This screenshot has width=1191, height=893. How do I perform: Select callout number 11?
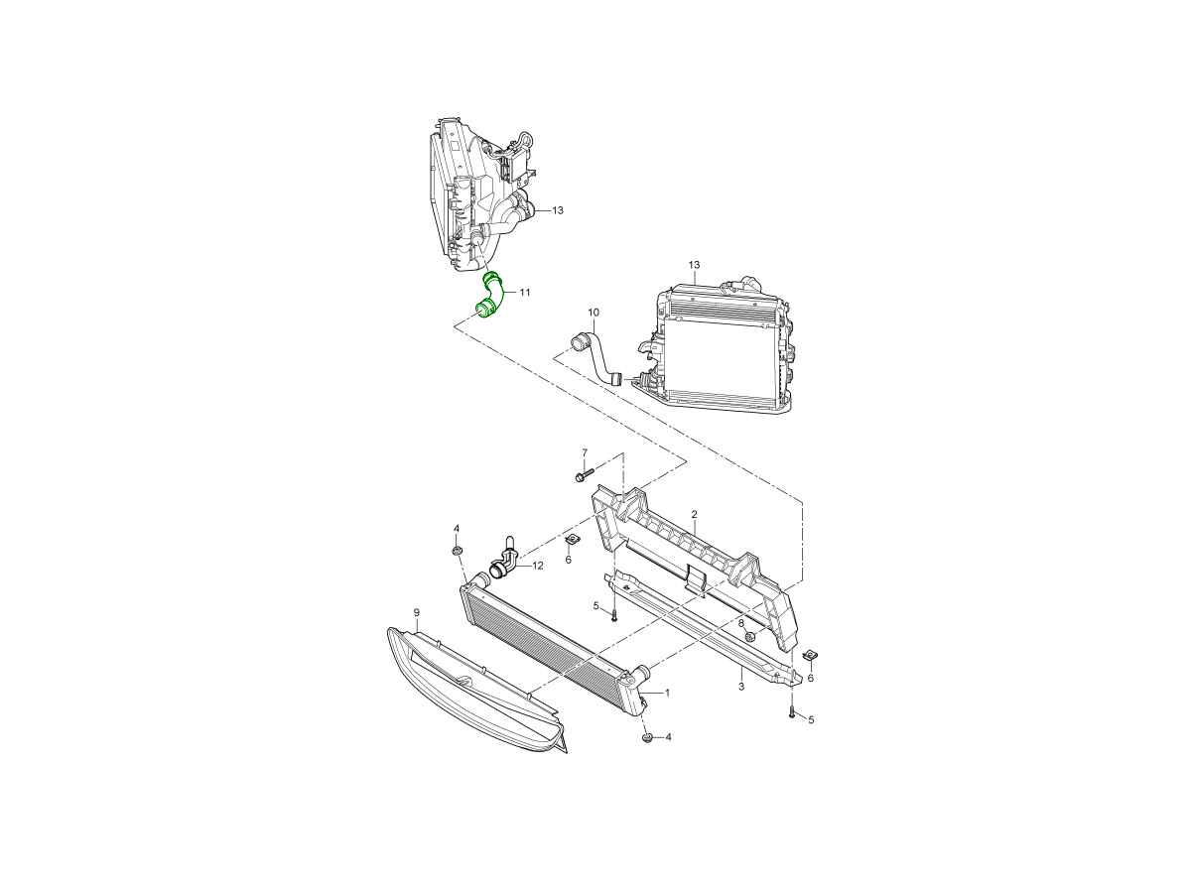pyautogui.click(x=524, y=293)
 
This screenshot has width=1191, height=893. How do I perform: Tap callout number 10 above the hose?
pyautogui.click(x=594, y=313)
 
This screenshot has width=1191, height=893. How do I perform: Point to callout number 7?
pyautogui.click(x=585, y=452)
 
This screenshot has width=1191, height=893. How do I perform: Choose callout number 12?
pyautogui.click(x=538, y=566)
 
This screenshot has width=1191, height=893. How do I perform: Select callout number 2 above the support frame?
pyautogui.click(x=694, y=513)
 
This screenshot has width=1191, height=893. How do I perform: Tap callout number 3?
pyautogui.click(x=741, y=687)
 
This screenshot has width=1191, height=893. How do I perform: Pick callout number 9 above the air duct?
pyautogui.click(x=417, y=612)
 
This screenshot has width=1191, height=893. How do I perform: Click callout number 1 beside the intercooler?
pyautogui.click(x=667, y=693)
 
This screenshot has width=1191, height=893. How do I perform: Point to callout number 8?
pyautogui.click(x=741, y=623)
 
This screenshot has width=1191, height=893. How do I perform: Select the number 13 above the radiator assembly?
pyautogui.click(x=694, y=265)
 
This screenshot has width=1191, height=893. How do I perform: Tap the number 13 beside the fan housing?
pyautogui.click(x=558, y=210)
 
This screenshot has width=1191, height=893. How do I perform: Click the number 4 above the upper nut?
pyautogui.click(x=457, y=528)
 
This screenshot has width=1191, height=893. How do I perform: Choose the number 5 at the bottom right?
pyautogui.click(x=811, y=720)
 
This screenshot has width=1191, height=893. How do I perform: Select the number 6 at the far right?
pyautogui.click(x=811, y=678)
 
